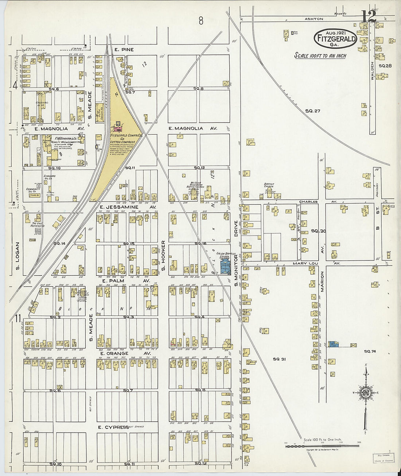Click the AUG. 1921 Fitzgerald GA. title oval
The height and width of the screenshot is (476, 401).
coord(335,38)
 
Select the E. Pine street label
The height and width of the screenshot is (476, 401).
coord(124,50)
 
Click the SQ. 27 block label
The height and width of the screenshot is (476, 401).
coord(312,111)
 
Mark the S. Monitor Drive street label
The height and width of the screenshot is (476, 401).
coord(236,254)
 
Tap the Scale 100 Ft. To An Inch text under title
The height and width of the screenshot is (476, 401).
coord(320,56)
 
